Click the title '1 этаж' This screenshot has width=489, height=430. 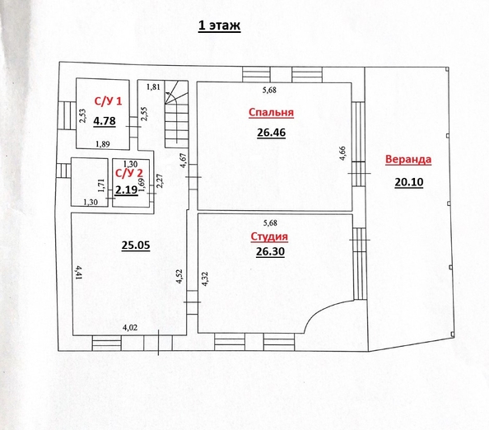(218, 26)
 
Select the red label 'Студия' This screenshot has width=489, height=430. (268, 237)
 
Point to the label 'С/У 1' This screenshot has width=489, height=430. (108, 102)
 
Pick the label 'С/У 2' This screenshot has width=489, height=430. (127, 174)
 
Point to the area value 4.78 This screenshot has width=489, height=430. (105, 121)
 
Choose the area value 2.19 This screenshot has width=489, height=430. (125, 189)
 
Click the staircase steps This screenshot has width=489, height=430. (175, 119)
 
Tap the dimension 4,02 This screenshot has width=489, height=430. (129, 328)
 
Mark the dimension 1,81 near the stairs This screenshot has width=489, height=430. (153, 86)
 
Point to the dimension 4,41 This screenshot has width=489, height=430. (78, 273)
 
